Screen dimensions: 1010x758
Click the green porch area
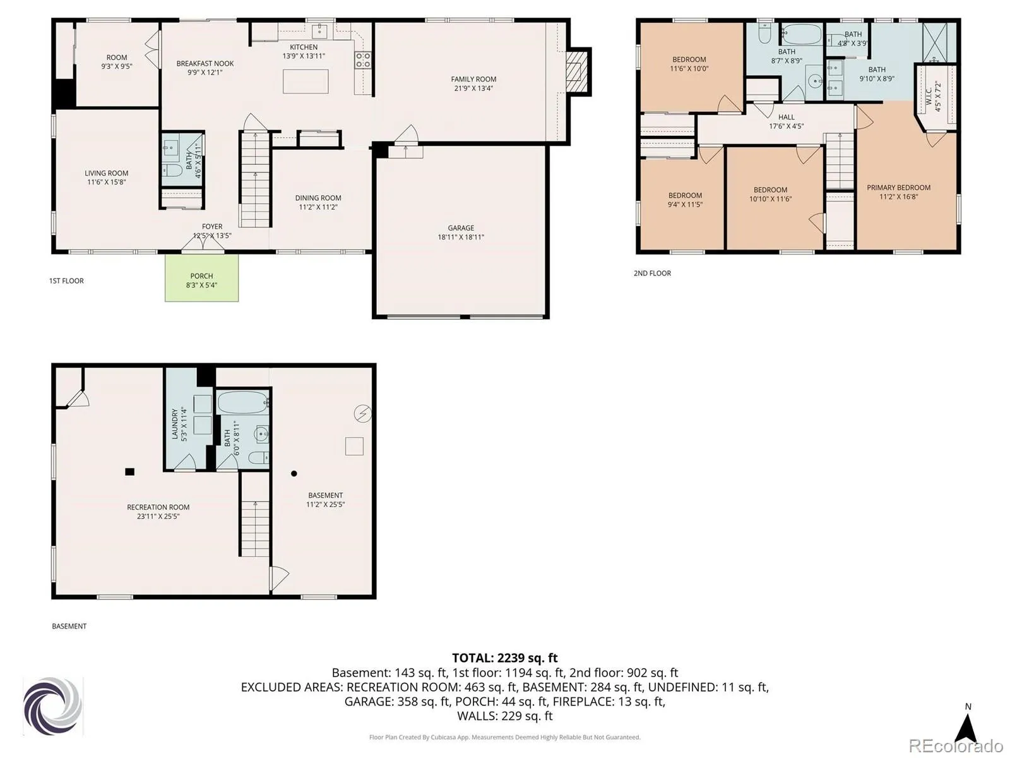click(x=201, y=279)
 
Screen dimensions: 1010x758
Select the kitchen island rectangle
click(x=306, y=81)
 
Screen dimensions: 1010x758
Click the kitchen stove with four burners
click(x=362, y=60)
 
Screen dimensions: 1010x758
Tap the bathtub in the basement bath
click(x=242, y=402)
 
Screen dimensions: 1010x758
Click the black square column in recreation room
click(x=130, y=471)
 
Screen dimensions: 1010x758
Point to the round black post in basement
click(x=294, y=473)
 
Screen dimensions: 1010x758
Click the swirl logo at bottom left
click(x=52, y=706)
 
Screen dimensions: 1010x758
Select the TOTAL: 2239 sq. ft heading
click(x=505, y=658)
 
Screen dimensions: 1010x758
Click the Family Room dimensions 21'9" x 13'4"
click(x=473, y=88)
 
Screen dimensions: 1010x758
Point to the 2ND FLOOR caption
click(x=652, y=273)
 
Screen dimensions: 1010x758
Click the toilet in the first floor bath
click(x=172, y=171)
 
